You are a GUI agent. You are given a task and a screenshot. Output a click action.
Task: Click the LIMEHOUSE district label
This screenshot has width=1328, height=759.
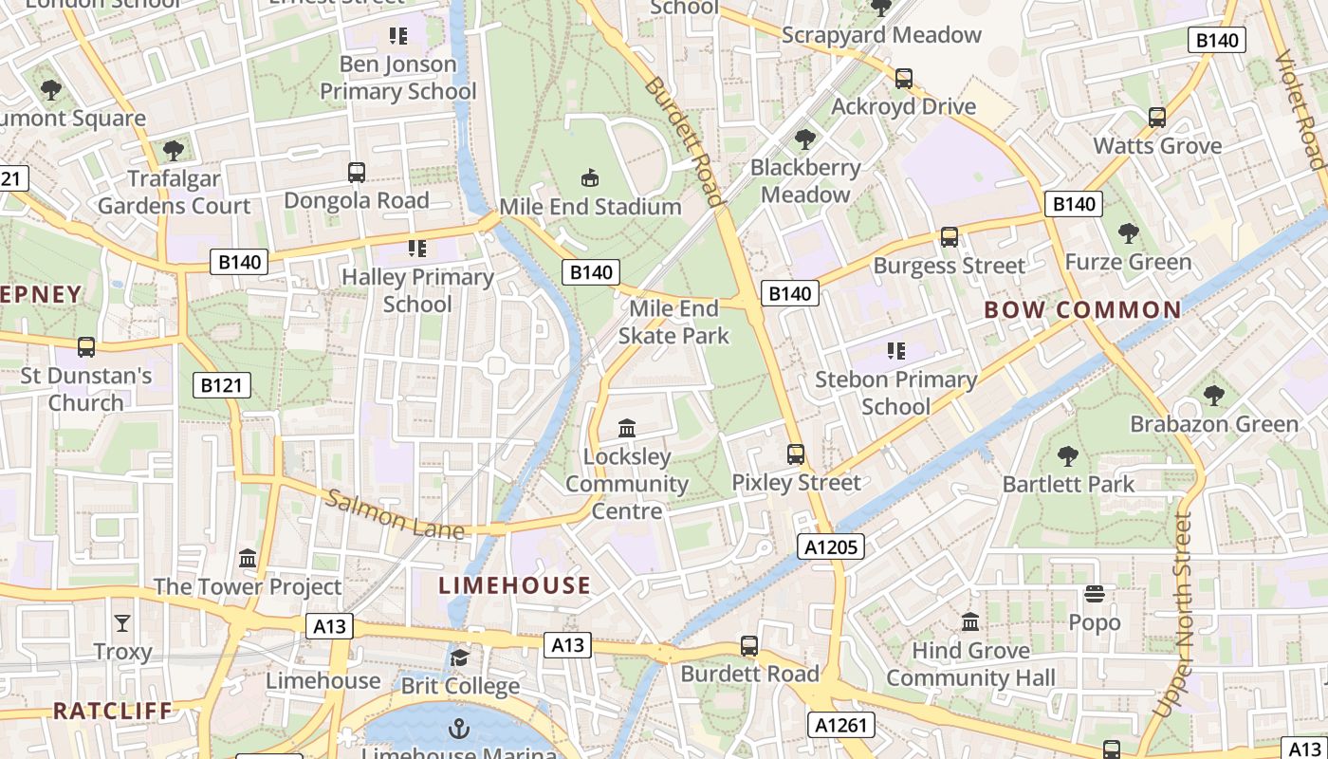pyautogui.click(x=514, y=585)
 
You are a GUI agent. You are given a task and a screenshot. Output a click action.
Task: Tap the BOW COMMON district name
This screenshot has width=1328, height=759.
pyautogui.click(x=1082, y=310)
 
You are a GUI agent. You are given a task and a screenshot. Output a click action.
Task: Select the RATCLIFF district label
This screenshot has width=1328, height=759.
pyautogui.click(x=113, y=711)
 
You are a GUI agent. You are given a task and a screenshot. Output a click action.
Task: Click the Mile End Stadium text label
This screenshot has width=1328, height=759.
pyautogui.click(x=590, y=207)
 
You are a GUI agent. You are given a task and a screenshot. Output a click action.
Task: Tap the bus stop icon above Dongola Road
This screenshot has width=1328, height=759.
pyautogui.click(x=357, y=173)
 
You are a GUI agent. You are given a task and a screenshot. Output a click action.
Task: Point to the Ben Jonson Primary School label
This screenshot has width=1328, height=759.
pyautogui.click(x=397, y=78)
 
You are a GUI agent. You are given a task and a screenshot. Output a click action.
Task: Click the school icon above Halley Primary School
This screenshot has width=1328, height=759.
pyautogui.click(x=417, y=249)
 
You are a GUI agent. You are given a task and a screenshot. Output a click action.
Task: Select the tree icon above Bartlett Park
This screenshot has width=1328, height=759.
pyautogui.click(x=1068, y=456)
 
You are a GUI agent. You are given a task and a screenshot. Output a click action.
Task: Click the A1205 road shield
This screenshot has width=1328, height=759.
pyautogui.click(x=830, y=546)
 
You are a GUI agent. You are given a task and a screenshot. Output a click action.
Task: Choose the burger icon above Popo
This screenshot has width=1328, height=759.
pyautogui.click(x=1095, y=595)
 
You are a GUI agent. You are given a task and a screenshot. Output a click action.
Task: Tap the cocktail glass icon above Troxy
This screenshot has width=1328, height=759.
pyautogui.click(x=122, y=623)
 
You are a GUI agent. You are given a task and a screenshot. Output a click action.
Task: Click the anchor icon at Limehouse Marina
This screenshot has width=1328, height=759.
pyautogui.click(x=459, y=729)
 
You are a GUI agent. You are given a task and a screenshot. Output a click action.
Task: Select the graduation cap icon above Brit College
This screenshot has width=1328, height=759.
pyautogui.click(x=460, y=657)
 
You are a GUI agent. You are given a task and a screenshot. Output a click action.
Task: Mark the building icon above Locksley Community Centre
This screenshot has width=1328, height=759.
pyautogui.click(x=626, y=429)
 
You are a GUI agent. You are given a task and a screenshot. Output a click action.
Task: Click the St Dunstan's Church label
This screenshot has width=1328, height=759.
pyautogui.click(x=86, y=389)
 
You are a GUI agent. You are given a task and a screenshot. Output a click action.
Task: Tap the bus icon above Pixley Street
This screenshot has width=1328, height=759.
pyautogui.click(x=796, y=454)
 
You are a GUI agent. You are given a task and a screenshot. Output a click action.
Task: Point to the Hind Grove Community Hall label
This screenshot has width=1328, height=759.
pyautogui.click(x=970, y=664)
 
